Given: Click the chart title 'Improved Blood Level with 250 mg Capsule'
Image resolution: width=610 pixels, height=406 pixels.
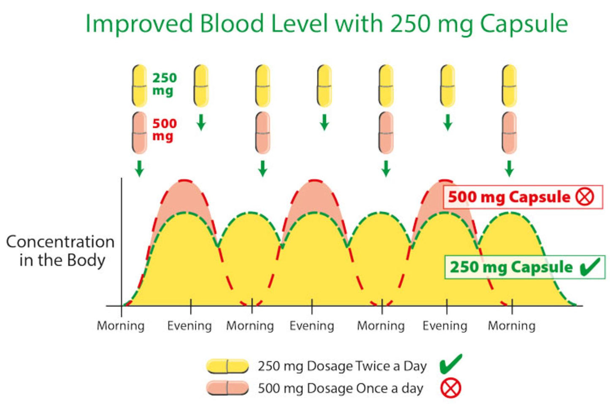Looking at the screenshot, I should [x=326, y=24].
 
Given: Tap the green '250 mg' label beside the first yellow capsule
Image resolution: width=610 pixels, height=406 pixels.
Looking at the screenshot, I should [x=164, y=84].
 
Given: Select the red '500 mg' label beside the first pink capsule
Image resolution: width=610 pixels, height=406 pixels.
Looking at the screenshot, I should [x=164, y=129].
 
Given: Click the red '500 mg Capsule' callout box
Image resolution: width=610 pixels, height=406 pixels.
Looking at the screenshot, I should [x=522, y=197].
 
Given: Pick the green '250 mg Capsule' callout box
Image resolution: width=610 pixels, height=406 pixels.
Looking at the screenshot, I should [x=524, y=267].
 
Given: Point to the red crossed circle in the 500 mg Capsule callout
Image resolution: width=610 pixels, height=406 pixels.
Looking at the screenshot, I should [x=585, y=197].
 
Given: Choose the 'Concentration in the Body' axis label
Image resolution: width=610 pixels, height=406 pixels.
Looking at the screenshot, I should [x=60, y=250].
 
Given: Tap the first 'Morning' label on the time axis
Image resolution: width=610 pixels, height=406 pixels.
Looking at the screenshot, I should [x=121, y=326].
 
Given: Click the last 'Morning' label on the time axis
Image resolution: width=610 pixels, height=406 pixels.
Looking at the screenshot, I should [x=512, y=326].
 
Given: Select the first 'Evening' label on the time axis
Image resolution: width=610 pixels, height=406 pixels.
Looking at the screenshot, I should [x=190, y=326].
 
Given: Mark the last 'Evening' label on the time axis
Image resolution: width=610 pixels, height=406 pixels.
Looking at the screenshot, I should [x=445, y=326].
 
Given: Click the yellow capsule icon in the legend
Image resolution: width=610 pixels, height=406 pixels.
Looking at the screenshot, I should [x=228, y=366].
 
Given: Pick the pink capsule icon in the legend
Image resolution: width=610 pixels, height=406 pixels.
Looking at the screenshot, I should [x=228, y=388].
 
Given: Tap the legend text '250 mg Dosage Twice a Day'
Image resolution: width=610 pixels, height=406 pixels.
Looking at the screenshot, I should [x=342, y=366].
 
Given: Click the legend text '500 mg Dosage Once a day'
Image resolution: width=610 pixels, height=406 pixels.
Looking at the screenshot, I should [x=340, y=388].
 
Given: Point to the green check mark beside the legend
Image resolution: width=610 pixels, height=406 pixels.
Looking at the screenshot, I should [x=450, y=364].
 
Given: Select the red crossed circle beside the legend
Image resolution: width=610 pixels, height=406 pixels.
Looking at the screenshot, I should [x=450, y=388].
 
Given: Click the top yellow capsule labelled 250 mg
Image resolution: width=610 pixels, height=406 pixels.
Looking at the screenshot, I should [x=139, y=85].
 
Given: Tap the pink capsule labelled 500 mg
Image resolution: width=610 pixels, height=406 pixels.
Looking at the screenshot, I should [x=139, y=132].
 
